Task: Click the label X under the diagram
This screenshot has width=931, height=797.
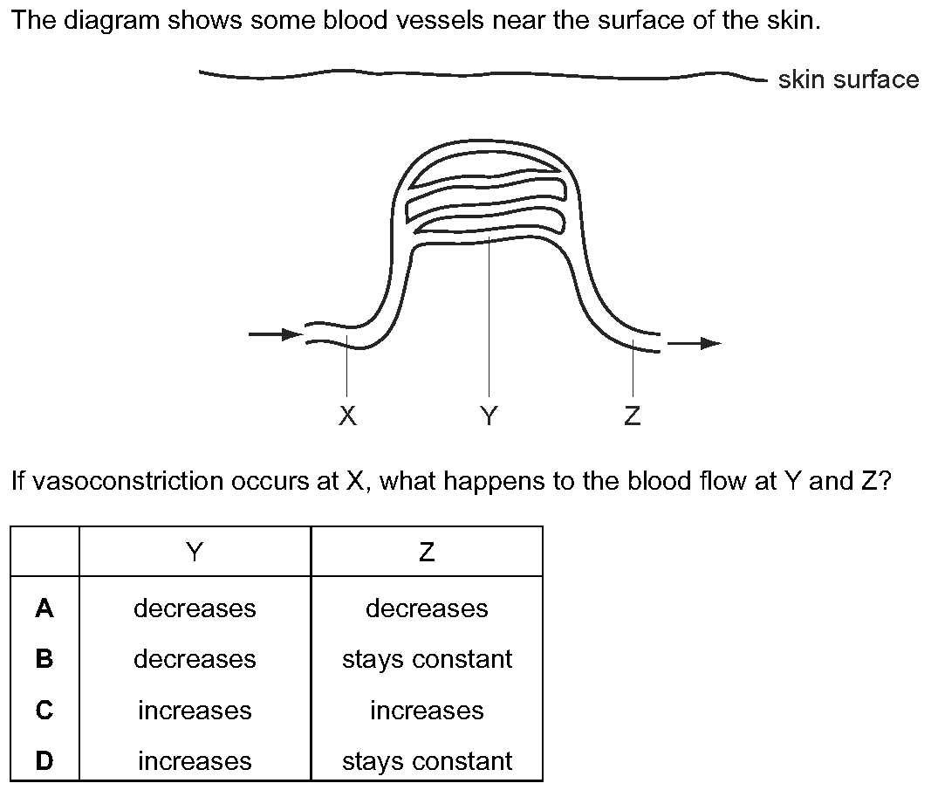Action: (x=347, y=416)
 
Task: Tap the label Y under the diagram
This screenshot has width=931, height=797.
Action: (x=489, y=416)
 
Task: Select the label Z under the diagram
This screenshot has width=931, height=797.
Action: (x=633, y=416)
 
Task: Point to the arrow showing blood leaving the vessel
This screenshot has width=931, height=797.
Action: (x=694, y=343)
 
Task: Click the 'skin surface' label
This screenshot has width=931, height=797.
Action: (x=848, y=79)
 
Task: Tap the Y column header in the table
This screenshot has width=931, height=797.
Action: (x=195, y=553)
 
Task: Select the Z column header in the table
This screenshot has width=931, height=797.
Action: (x=427, y=553)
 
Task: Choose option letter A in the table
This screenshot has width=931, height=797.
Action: (x=44, y=608)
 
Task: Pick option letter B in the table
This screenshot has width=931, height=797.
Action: (x=44, y=658)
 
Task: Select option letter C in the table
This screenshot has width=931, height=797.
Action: (x=44, y=711)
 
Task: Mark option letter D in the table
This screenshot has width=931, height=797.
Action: (x=44, y=761)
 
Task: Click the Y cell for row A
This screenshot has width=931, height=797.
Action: (x=195, y=608)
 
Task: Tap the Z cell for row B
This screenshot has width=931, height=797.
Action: (x=427, y=659)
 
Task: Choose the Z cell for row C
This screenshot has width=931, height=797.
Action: (x=427, y=711)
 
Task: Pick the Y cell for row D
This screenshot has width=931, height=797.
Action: (x=195, y=761)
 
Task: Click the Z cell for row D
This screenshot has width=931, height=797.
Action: (x=427, y=761)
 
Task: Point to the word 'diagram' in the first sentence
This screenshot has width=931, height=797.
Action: (x=113, y=22)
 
